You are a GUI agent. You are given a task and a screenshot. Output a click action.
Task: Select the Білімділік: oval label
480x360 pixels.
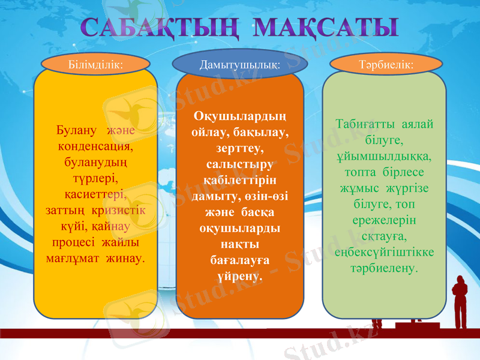96,64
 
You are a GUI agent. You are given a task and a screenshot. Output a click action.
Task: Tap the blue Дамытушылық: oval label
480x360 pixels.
240,64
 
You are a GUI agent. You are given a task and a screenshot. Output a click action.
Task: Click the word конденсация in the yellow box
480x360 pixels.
96,146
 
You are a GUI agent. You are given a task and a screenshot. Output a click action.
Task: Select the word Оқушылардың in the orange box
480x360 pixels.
240,115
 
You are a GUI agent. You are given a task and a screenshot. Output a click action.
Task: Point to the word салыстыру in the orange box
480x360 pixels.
240,164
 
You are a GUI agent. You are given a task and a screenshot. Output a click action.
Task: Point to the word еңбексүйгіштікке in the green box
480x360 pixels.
385,253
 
